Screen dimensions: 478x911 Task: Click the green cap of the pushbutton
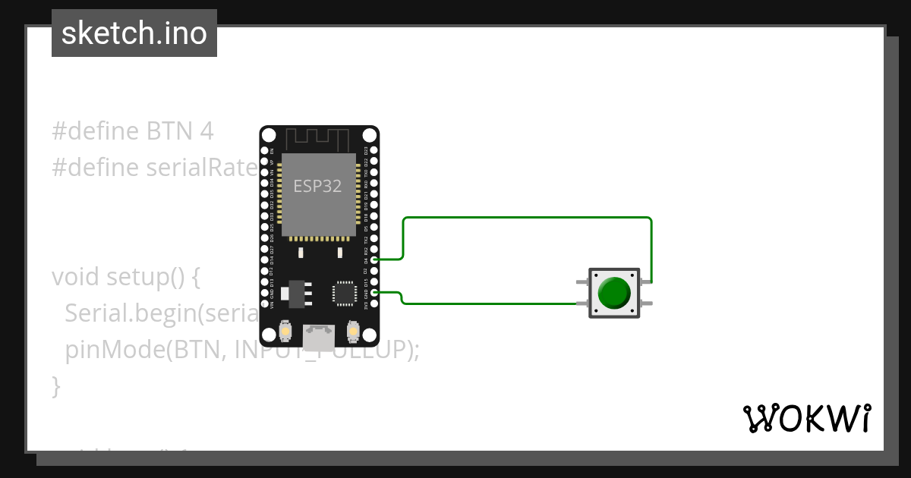pos(614,293)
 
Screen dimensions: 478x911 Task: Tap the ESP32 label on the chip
pos(317,186)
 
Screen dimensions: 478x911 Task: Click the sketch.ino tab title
pos(134,33)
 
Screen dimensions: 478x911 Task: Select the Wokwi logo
pos(807,418)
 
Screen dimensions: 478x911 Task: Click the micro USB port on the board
pos(319,335)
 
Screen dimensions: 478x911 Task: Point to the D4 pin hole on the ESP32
pos(374,259)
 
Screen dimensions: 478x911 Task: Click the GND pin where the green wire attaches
pos(374,292)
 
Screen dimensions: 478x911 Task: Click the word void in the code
pos(76,277)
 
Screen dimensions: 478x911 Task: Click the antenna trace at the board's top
pos(319,139)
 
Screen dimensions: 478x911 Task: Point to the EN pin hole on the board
pos(266,151)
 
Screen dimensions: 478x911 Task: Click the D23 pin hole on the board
pos(374,151)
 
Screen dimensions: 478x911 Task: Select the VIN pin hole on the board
pos(266,303)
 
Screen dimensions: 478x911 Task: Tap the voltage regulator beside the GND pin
pos(295,293)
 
